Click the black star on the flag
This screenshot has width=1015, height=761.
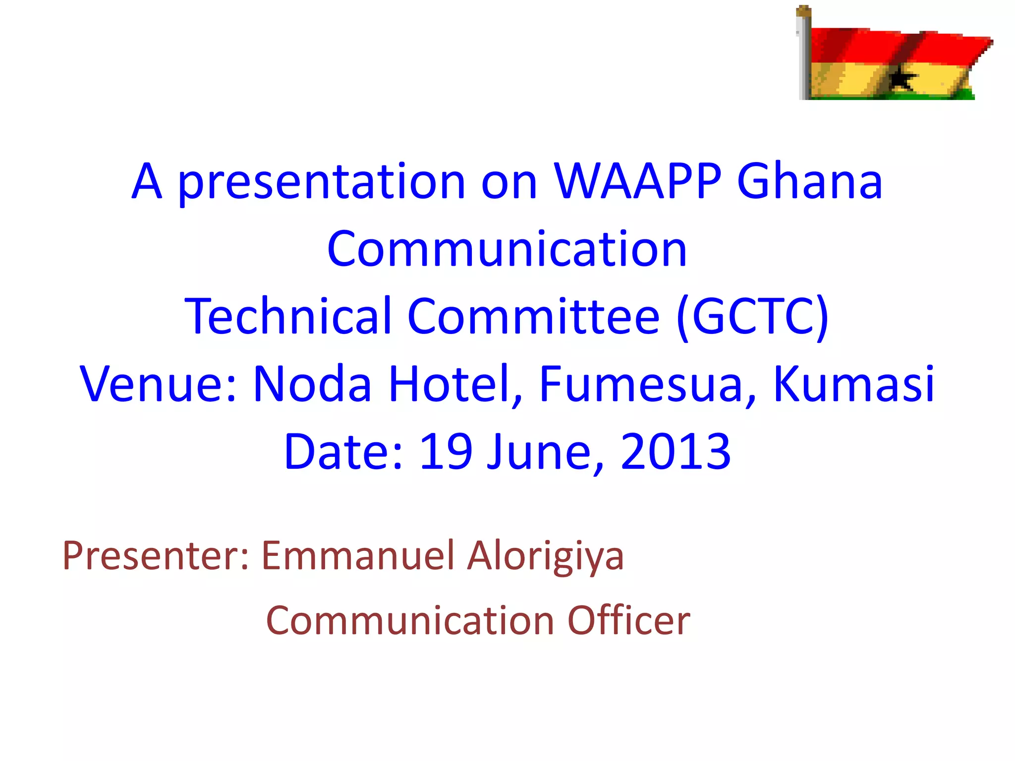click(x=901, y=78)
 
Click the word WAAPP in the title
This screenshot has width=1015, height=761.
click(x=637, y=182)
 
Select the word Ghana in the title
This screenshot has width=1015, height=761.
click(x=810, y=182)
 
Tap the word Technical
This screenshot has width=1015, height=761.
click(x=288, y=317)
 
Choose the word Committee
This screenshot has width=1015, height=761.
click(x=533, y=317)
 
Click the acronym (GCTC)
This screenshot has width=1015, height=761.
click(x=752, y=317)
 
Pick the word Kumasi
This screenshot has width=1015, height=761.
click(x=853, y=384)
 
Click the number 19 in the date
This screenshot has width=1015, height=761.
click(x=445, y=451)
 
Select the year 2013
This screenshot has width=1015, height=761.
click(x=675, y=451)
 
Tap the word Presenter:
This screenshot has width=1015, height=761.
click(x=155, y=556)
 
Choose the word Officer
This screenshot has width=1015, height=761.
click(x=628, y=620)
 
